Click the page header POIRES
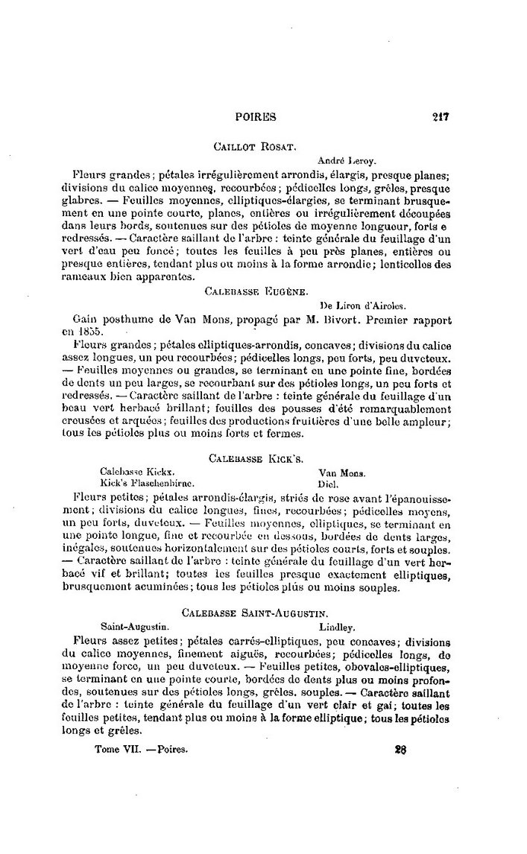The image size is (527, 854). (256, 116)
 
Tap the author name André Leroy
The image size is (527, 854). (345, 159)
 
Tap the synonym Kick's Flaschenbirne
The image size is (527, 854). (147, 483)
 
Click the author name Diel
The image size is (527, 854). (329, 483)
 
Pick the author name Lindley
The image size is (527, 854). (336, 627)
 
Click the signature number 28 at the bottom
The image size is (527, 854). (400, 750)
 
